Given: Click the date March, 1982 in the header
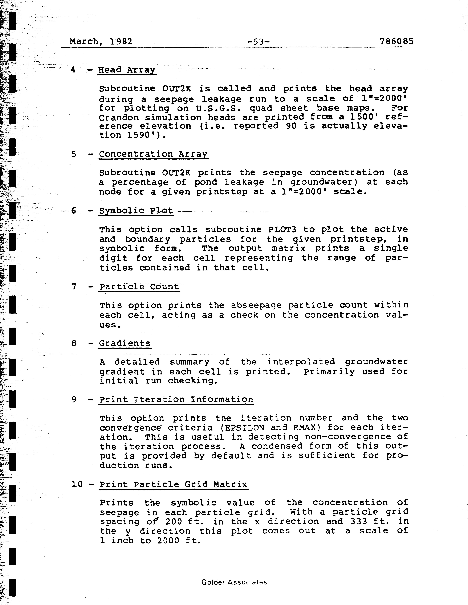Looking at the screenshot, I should pyautogui.click(x=101, y=42).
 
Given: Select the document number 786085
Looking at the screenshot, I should pyautogui.click(x=396, y=42).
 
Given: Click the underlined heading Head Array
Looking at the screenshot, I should pyautogui.click(x=127, y=70).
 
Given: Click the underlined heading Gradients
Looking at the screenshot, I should pyautogui.click(x=125, y=343).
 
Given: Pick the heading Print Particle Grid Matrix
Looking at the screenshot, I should pyautogui.click(x=173, y=484).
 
